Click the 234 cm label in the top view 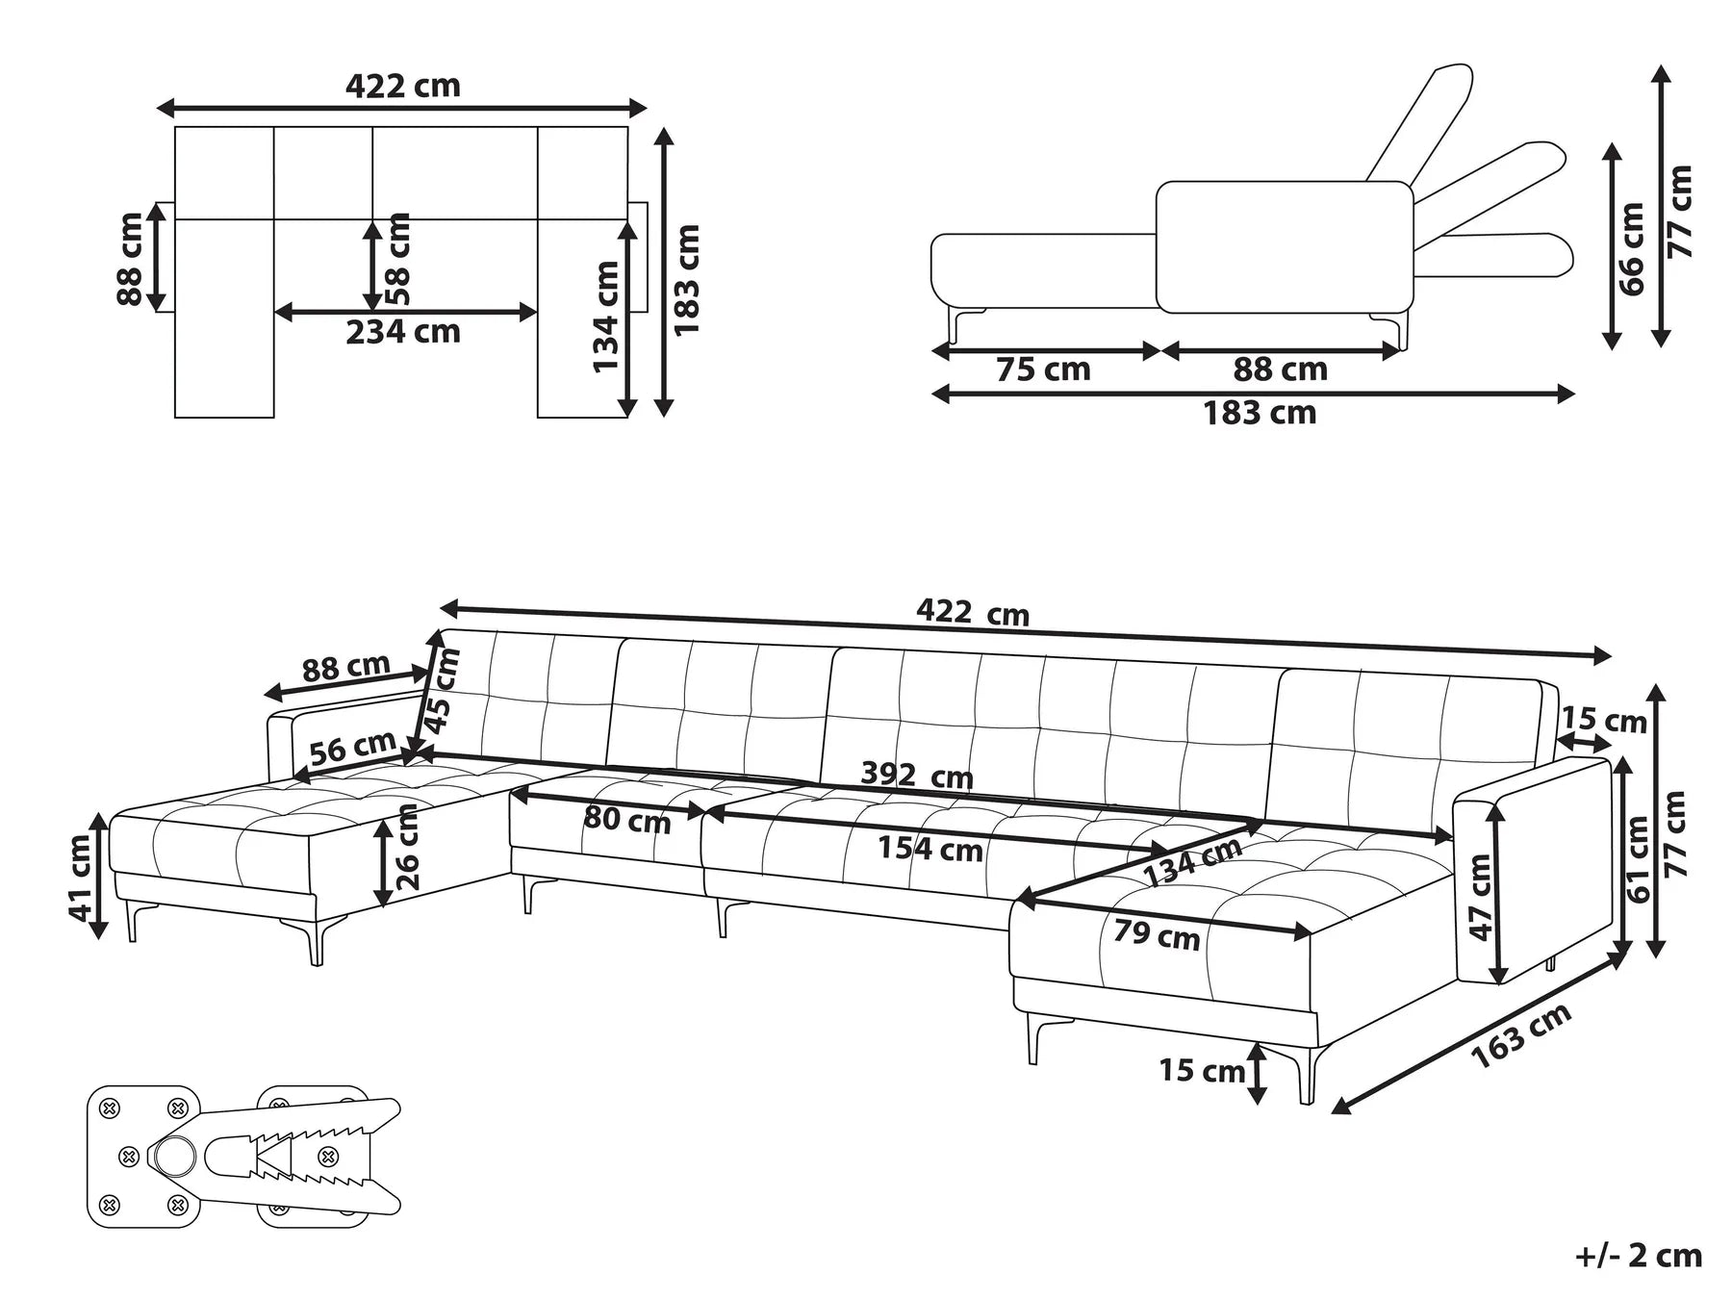coord(403,332)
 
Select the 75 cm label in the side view coord(1043,369)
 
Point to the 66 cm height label coord(1633,248)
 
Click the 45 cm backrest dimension coord(444,691)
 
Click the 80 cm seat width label coord(626,820)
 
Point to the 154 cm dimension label coord(930,849)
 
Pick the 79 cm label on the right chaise coord(1157,933)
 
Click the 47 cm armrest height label coord(1481,897)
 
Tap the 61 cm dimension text coord(1638,859)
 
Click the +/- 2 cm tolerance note coord(1639,1256)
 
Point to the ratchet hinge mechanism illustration coord(245,1155)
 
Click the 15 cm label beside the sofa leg coord(1202,1069)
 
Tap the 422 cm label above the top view coord(402,87)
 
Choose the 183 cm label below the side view coord(1260,414)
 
